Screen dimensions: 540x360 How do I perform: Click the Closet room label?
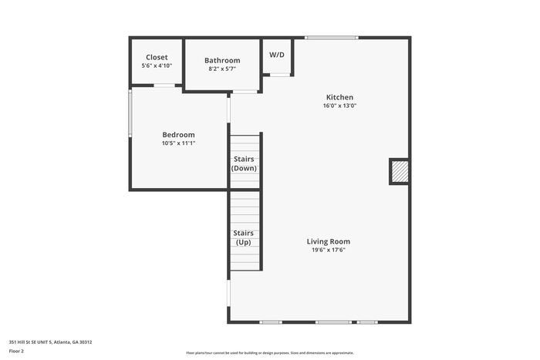pos(157,58)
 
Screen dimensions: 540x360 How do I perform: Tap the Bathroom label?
pos(222,61)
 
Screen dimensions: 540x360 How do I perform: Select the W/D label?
pos(277,55)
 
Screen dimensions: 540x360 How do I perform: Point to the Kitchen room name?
pos(339,97)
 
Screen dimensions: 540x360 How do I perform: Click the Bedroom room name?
pos(178,135)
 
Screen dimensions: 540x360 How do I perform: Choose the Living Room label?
pos(329,241)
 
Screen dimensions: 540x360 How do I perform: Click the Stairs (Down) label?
pos(244,163)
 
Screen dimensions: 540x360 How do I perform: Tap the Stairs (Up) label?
pos(244,237)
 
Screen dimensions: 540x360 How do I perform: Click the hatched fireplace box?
pos(400,171)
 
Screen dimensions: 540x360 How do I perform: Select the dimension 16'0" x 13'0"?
pos(339,106)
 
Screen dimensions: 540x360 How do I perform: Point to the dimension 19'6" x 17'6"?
pos(329,251)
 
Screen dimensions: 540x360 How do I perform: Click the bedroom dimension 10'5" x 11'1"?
pos(178,143)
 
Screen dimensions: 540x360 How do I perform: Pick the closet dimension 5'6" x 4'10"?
pos(157,66)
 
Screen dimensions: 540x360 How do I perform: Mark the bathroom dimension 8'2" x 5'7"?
pos(222,69)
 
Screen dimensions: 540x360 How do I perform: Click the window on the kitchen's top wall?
pos(332,38)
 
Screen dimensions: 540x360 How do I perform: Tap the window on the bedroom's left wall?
pos(130,113)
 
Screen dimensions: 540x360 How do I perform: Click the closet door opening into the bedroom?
pos(164,86)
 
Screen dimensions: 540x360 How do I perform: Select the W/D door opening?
pos(279,75)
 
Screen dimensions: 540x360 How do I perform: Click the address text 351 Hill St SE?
pos(26,342)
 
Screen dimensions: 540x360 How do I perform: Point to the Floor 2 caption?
pos(16,352)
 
